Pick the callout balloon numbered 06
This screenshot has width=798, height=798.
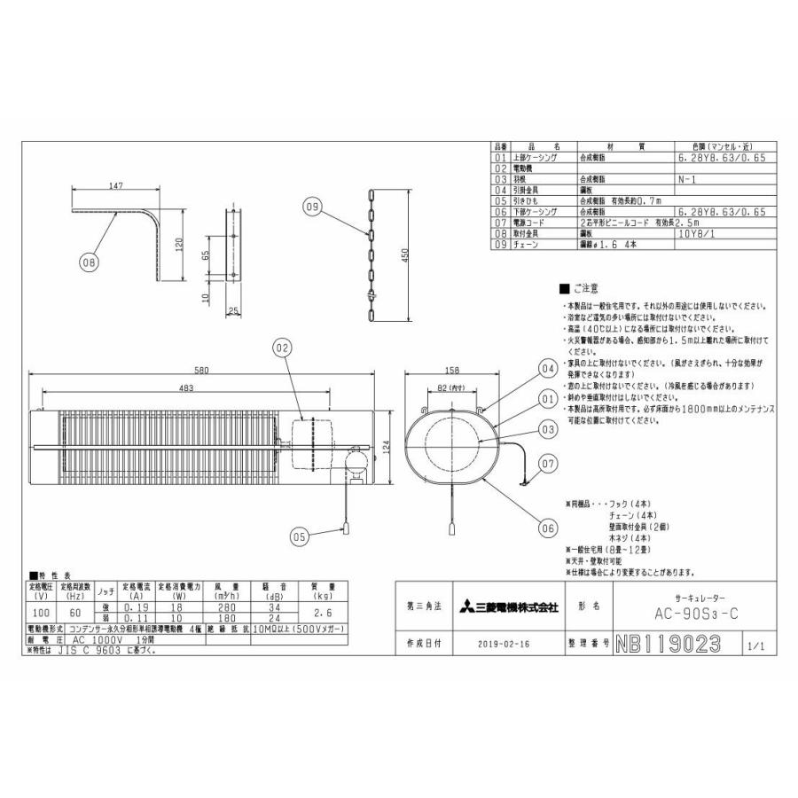[x=546, y=524]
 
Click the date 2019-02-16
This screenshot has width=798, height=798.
[x=502, y=643]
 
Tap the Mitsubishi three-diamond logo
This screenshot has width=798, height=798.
[x=466, y=607]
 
